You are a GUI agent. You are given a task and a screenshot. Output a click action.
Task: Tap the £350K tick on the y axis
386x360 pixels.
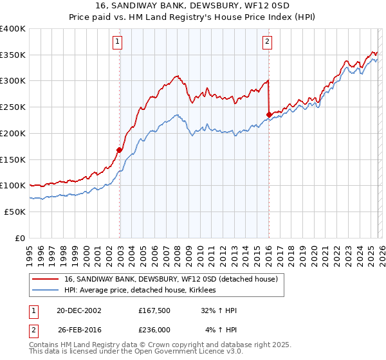pos(13,55)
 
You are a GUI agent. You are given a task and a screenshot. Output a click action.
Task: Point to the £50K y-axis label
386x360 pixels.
pos(15,212)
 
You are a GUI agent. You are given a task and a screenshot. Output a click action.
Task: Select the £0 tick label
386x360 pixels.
pos(21,238)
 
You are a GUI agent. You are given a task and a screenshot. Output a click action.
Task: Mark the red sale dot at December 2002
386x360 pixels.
pos(120,150)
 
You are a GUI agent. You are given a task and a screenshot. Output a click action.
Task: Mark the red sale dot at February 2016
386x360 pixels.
pos(269,115)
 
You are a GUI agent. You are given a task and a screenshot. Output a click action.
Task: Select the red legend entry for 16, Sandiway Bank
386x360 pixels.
pos(170,279)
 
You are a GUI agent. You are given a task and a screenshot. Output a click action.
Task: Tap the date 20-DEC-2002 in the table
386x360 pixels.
pos(79,311)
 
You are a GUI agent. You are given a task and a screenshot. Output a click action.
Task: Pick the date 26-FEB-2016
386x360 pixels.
pos(79,329)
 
